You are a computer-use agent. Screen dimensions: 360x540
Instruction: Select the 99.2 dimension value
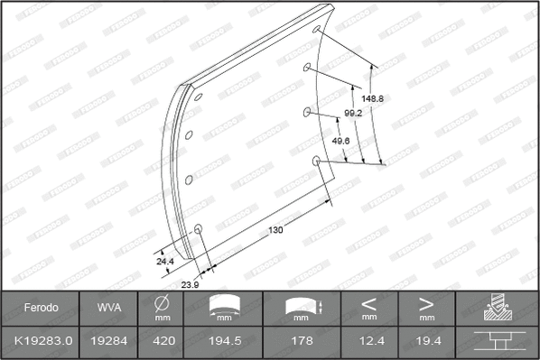pyautogui.click(x=354, y=114)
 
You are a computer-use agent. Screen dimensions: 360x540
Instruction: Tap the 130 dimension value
pyautogui.click(x=276, y=230)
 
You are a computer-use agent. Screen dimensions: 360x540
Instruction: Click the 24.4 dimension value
pyautogui.click(x=165, y=261)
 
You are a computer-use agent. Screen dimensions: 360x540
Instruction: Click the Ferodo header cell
pyautogui.click(x=41, y=308)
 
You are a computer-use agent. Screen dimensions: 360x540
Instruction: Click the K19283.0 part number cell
pyautogui.click(x=41, y=343)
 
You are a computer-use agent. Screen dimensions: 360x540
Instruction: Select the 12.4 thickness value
pyautogui.click(x=368, y=343)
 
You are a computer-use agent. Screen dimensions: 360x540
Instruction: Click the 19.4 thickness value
pyautogui.click(x=425, y=343)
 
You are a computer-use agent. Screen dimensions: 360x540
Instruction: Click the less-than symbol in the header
pyautogui.click(x=368, y=303)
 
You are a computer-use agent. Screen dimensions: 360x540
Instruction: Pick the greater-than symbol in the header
pyautogui.click(x=425, y=303)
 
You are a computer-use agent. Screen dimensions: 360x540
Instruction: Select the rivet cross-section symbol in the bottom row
pyautogui.click(x=498, y=343)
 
